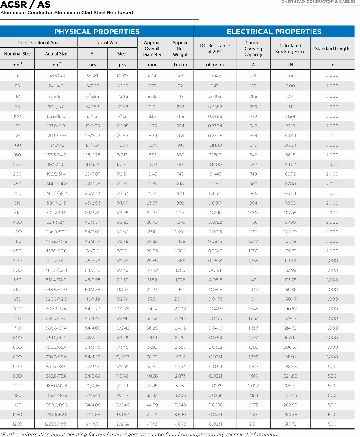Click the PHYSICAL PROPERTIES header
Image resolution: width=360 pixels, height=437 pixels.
point(97,32)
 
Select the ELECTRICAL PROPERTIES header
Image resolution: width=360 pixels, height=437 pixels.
point(274,32)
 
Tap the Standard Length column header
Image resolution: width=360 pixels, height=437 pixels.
point(332,49)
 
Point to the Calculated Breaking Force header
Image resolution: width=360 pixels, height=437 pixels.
point(290,49)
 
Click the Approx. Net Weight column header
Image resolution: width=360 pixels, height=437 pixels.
point(180,49)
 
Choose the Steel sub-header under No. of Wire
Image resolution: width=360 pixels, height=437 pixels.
point(122,54)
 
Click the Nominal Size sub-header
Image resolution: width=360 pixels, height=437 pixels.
point(17,54)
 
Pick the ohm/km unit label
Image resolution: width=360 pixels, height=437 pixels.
point(215,65)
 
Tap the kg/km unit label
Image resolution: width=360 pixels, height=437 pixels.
point(180,65)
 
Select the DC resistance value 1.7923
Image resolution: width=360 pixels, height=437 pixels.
point(215,75)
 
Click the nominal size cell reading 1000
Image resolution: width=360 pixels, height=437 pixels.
point(17,386)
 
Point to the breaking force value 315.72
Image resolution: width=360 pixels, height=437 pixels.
point(290,424)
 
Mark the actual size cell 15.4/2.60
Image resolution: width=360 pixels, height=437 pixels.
point(56,75)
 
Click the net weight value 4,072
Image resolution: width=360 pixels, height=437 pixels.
point(180,424)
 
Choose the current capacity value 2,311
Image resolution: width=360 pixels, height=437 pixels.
point(253,424)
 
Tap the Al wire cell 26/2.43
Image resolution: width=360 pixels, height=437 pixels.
point(93,136)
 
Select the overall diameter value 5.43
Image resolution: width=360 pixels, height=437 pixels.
point(152,75)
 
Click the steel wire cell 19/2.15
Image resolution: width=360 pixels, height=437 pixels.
point(122,290)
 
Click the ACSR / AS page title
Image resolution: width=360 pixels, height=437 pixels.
point(25,5)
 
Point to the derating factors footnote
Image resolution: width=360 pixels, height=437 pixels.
point(139,434)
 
